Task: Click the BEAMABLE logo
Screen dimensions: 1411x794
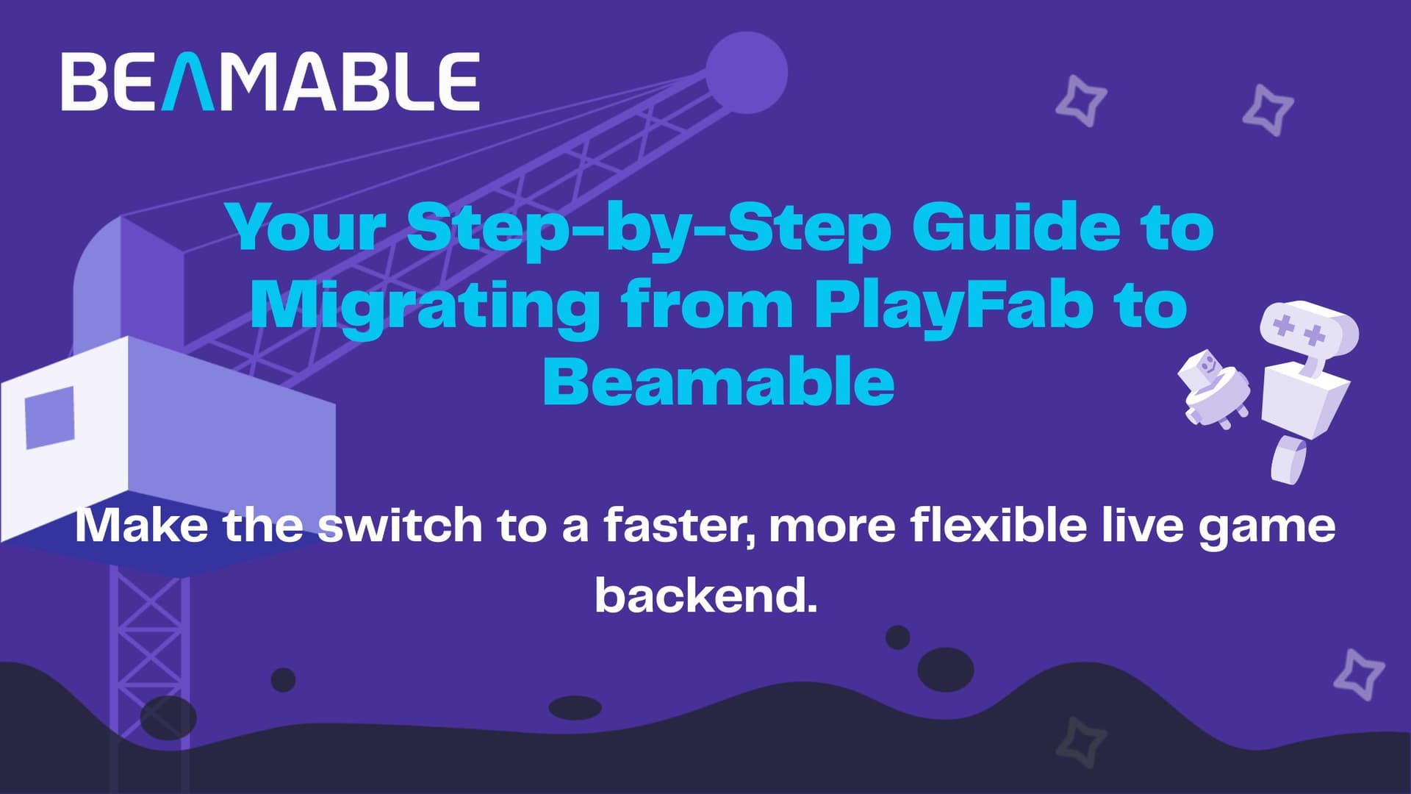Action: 270,82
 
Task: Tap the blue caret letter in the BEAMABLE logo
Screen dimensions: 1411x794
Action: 187,82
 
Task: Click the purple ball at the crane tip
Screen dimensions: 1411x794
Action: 747,73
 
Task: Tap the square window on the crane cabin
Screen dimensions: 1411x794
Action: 50,417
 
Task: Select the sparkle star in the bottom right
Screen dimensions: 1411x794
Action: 1360,674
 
